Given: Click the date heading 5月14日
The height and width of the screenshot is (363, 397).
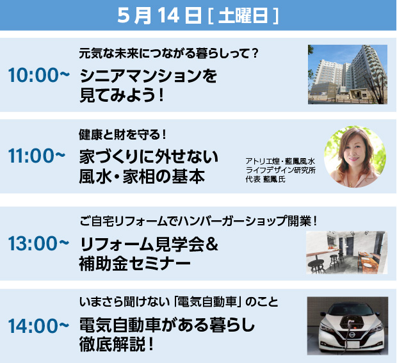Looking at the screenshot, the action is [x=159, y=16].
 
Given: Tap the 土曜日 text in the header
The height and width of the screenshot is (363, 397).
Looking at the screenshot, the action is [x=243, y=16].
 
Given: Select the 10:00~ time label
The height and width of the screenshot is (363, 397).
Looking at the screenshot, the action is [x=38, y=75].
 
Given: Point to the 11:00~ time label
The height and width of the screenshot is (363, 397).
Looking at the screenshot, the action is [x=36, y=156].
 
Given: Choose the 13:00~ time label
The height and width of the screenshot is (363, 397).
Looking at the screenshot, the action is [x=38, y=243].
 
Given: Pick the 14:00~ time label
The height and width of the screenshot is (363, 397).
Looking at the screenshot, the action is [x=38, y=325].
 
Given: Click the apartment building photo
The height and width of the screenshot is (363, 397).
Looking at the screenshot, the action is [x=347, y=74].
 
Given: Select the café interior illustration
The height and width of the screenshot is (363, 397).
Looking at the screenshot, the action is [x=347, y=252].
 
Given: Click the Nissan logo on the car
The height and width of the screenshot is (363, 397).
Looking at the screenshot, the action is [x=352, y=335].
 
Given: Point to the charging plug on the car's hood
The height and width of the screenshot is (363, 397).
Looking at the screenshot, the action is [x=351, y=323].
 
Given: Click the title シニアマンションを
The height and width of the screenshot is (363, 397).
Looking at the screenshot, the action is [x=149, y=76].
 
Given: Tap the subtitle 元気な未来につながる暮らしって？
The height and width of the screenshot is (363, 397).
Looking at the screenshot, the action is [x=168, y=53].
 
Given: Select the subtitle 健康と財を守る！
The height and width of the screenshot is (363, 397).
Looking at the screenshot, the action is [x=122, y=134].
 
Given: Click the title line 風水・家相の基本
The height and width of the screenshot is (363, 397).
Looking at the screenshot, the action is [x=142, y=177].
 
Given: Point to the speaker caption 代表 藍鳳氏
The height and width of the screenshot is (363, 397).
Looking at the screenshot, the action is [x=265, y=179].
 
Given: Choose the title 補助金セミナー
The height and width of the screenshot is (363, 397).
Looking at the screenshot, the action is [x=134, y=264].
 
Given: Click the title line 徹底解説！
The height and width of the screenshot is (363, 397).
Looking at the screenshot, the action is [x=117, y=344].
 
